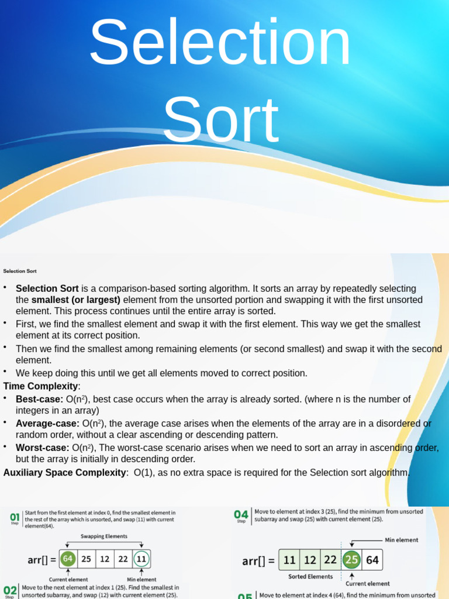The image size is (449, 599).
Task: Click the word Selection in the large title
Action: (x=220, y=44)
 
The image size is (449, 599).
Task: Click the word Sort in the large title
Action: (x=220, y=120)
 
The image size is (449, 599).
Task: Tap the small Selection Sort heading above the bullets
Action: (x=20, y=271)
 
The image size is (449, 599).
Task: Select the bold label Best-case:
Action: (x=40, y=399)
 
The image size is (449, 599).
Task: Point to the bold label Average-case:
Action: (x=47, y=423)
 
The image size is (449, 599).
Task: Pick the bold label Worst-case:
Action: (x=43, y=447)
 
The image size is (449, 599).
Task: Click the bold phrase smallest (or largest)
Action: (x=84, y=299)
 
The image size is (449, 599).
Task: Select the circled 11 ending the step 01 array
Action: (x=140, y=559)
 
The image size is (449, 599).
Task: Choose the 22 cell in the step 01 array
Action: (x=122, y=559)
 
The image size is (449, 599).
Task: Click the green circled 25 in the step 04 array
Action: (x=351, y=560)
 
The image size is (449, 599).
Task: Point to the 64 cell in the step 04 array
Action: (x=372, y=560)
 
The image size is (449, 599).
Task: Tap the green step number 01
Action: (x=15, y=517)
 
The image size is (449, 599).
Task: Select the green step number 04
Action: (x=241, y=514)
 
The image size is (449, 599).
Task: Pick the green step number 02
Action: (x=10, y=590)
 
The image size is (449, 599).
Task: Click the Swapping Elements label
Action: (x=103, y=536)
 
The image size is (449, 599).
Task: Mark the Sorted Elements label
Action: (x=310, y=576)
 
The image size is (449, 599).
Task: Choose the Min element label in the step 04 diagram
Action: (x=402, y=540)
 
